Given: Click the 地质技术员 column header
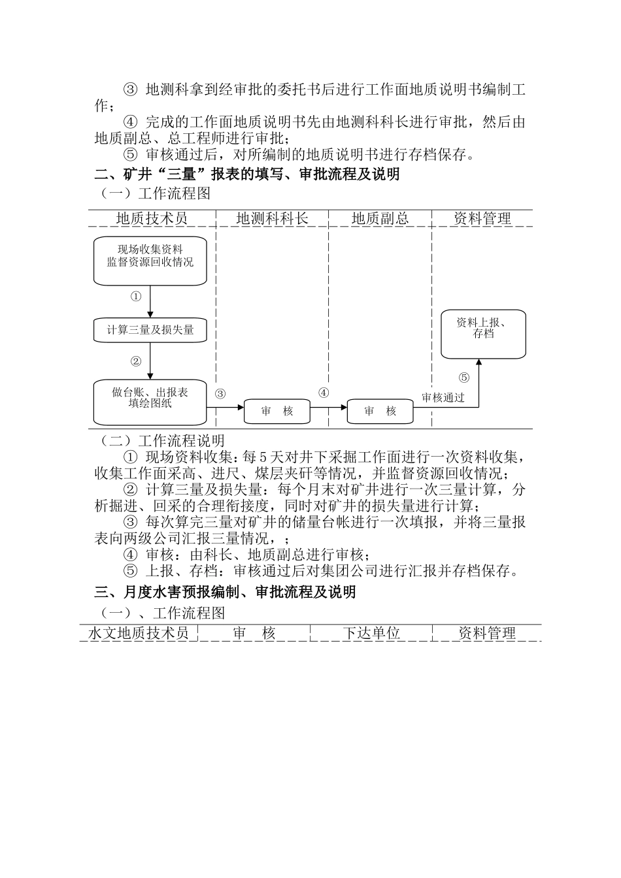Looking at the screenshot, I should [x=152, y=219].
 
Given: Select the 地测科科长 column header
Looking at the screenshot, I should [x=272, y=219].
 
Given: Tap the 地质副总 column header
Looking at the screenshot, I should [x=380, y=219].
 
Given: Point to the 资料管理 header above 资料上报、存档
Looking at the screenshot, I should [x=482, y=219].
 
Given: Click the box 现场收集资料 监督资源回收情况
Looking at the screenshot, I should [x=150, y=261].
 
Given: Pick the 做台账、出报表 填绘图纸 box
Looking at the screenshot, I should [x=150, y=401].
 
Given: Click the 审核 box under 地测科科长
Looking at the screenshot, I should [x=277, y=412].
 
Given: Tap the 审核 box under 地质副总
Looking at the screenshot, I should [x=380, y=412].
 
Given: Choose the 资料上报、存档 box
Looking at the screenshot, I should [x=483, y=334].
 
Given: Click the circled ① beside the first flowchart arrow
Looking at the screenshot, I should [x=136, y=297].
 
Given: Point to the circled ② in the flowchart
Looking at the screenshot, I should [x=136, y=361].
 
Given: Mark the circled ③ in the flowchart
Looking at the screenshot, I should [x=220, y=393].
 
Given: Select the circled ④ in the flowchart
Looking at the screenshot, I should [x=324, y=393].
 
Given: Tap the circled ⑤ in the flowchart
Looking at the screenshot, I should [x=464, y=377].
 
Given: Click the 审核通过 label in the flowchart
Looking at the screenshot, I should [x=443, y=398].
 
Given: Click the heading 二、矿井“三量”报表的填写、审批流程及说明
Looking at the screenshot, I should [x=247, y=175].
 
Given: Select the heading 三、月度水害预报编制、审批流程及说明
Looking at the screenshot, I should [x=226, y=592].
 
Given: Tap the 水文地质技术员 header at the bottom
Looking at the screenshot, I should [x=139, y=633].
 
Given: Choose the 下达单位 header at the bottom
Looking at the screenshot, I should [x=371, y=633].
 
